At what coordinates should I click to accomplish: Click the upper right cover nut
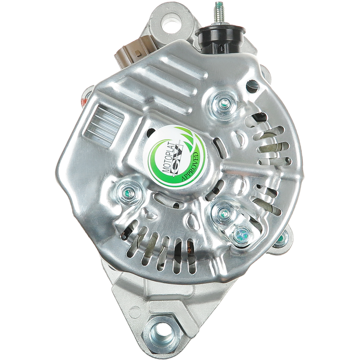coord(222,103)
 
